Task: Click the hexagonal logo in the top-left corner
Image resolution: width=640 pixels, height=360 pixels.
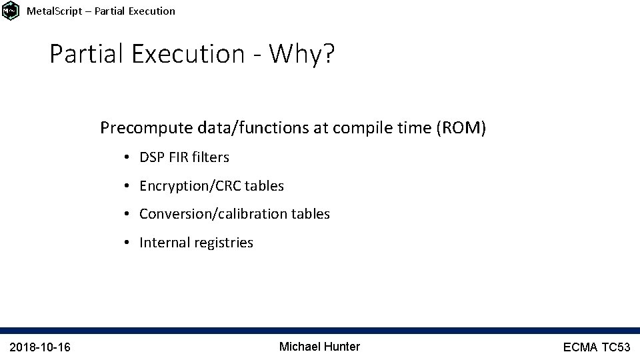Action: pos(11,11)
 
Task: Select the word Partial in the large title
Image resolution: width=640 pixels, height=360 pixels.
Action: pos(87,54)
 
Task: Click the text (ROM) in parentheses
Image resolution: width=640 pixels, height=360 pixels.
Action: pos(461,128)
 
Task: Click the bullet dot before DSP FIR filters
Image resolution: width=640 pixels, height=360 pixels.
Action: pos(126,158)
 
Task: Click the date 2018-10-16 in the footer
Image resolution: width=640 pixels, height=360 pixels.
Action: pos(41,347)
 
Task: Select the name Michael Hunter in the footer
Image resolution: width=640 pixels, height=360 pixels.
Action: pos(319,347)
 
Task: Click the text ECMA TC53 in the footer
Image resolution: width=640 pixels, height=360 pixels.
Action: pos(596,347)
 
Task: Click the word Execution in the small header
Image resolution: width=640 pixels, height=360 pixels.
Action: pos(150,11)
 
